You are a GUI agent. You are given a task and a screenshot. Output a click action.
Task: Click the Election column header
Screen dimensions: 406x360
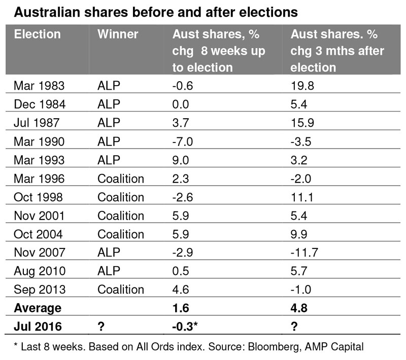(37, 34)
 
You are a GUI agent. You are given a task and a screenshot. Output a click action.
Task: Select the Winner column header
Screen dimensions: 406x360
(118, 34)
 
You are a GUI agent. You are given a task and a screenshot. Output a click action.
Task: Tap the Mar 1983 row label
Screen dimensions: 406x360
(39, 86)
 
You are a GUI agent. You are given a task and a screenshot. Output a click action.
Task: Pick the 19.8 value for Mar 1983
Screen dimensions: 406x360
(302, 86)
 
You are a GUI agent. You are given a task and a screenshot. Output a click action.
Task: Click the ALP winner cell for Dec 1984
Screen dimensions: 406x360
(109, 104)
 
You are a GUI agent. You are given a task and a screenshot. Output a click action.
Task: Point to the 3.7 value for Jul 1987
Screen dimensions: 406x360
(181, 123)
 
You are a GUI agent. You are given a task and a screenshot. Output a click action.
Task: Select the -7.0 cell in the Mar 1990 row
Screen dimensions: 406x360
(183, 141)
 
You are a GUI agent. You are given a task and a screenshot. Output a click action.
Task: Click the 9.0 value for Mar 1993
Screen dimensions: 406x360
(181, 160)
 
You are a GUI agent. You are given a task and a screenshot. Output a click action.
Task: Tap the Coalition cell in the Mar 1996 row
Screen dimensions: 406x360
(121, 178)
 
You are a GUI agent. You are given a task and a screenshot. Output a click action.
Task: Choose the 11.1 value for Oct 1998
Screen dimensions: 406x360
(302, 197)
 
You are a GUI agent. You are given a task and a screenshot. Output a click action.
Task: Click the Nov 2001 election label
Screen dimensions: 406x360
(39, 215)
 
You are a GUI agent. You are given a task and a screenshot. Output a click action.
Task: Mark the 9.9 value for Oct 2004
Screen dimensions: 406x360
(299, 234)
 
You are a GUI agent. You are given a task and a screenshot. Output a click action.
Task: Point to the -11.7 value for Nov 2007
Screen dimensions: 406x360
(304, 253)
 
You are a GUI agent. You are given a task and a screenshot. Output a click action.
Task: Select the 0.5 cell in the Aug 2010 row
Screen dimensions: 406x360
(181, 271)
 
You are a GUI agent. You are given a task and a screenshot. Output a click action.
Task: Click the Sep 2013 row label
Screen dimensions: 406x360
(40, 290)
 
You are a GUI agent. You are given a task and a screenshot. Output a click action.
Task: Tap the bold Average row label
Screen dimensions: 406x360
(38, 308)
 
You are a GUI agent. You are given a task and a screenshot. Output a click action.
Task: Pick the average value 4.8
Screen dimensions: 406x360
(299, 308)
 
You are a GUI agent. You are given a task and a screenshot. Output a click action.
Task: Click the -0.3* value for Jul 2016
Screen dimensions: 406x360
(185, 327)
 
